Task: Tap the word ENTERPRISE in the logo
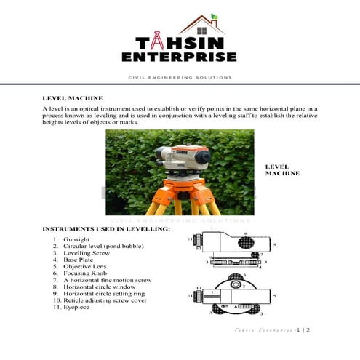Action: [x=180, y=57]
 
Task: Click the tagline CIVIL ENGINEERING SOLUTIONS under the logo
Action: [x=180, y=77]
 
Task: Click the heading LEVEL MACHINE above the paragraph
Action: [x=73, y=97]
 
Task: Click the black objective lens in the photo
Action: [x=203, y=156]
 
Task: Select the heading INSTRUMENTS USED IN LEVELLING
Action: [x=106, y=229]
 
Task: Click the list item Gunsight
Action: [x=76, y=239]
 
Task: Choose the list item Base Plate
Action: [x=78, y=260]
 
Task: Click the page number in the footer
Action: [x=302, y=330]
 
